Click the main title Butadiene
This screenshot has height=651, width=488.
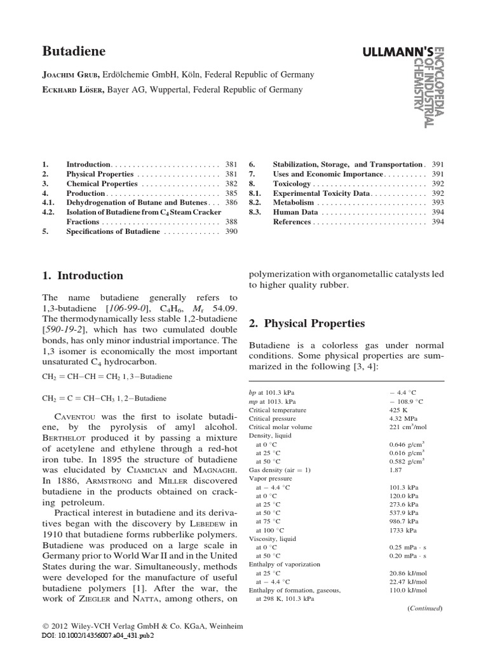pyautogui.click(x=74, y=51)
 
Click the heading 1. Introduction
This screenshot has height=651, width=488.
pyautogui.click(x=83, y=276)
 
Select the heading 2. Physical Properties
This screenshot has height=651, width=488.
pyautogui.click(x=306, y=324)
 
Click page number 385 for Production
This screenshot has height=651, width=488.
pyautogui.click(x=231, y=193)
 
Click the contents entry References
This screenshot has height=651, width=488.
pyautogui.click(x=292, y=222)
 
